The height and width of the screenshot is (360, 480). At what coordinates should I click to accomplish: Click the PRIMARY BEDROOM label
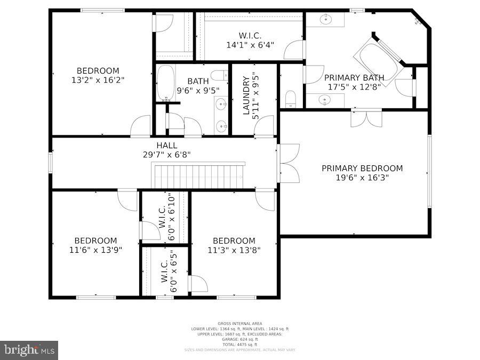coord(362,168)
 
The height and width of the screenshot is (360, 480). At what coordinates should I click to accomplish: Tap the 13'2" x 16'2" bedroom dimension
coord(98,80)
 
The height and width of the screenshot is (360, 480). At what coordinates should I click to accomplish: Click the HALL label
coord(167,145)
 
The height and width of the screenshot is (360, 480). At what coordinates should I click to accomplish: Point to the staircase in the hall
coord(198,176)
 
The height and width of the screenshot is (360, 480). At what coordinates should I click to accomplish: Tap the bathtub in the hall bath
coord(165,83)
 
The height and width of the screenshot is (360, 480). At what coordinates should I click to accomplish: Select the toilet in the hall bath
coord(219,75)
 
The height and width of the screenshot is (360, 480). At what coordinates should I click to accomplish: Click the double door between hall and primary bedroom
coord(288,163)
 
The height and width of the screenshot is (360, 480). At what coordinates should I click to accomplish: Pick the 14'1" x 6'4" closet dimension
coord(250,45)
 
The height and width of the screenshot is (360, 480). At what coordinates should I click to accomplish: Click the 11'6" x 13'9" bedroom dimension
coord(95,250)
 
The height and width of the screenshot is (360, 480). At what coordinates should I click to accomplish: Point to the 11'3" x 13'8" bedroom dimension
coord(234,250)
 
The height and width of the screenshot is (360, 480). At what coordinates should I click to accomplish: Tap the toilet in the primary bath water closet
coord(291,98)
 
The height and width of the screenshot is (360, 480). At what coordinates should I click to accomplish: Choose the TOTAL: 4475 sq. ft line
coord(239,344)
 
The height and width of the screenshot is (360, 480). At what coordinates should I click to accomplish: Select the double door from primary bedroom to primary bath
coord(366,118)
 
